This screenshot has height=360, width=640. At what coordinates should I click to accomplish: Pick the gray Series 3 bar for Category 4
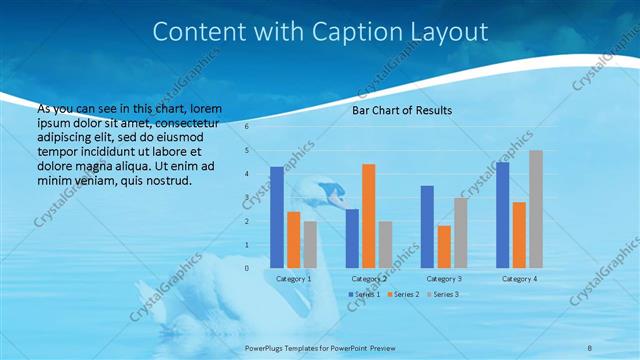tap(536, 209)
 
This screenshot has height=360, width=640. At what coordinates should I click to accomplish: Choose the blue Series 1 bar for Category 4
tap(502, 214)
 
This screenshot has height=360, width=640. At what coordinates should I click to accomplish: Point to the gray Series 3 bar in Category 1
tap(310, 244)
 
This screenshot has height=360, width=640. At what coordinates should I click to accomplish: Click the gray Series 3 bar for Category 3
tap(461, 232)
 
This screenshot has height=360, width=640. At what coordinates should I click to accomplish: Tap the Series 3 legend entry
tap(442, 294)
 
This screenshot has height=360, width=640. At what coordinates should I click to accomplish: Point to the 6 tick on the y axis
tap(248, 127)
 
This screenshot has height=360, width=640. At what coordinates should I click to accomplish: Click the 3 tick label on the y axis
tap(248, 197)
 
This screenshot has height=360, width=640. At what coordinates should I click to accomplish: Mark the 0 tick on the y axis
tap(248, 268)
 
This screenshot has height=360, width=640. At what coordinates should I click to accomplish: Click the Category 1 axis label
tap(293, 279)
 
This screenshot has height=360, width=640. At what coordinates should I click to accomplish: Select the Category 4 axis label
tap(519, 279)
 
